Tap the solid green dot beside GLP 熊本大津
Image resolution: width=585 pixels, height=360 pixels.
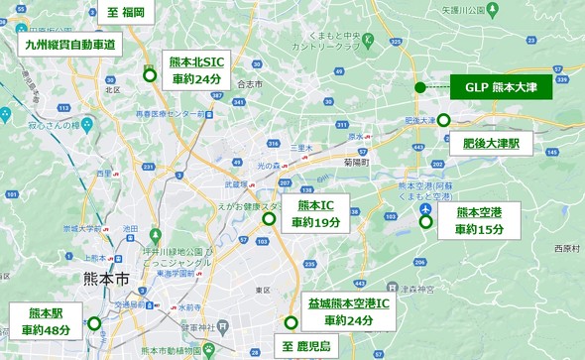pos(420,87)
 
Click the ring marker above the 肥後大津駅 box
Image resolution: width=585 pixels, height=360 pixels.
pos(444,120)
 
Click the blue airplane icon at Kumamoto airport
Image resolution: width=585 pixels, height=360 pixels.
pos(425,209)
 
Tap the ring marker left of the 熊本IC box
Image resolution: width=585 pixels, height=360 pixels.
pos(268,216)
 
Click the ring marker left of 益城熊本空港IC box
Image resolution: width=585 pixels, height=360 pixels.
pos(291,322)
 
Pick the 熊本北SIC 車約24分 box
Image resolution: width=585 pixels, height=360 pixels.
pos(197,70)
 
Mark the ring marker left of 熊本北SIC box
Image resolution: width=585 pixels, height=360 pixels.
pos(150,74)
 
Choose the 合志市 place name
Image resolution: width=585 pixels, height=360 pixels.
pos(250,85)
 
